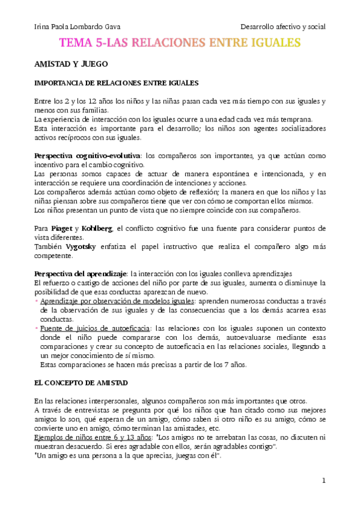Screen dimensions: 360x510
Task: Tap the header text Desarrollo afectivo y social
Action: (x=282, y=27)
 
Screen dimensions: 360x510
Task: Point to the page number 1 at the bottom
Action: (x=323, y=481)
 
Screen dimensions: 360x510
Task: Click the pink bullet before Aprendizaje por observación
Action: (x=37, y=300)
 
